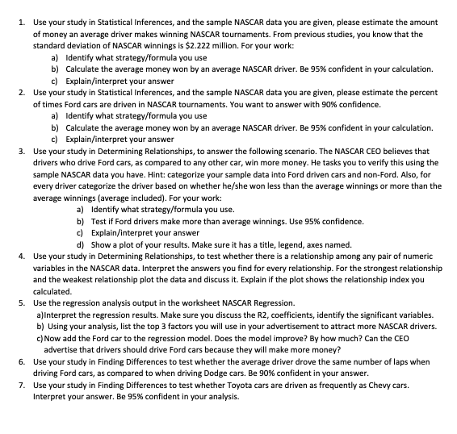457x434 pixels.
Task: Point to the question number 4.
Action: coord(19,258)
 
